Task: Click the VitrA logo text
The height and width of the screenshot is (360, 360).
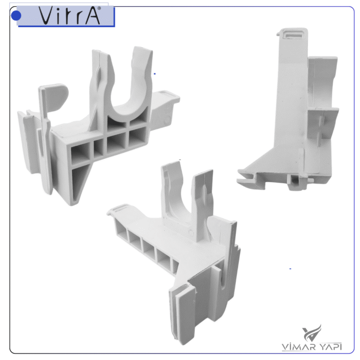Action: coord(69,15)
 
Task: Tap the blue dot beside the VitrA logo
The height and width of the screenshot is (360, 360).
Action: coord(16,15)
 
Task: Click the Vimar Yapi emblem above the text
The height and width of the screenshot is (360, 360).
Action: coord(312,333)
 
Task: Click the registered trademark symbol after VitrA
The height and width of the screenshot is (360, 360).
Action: coord(99,8)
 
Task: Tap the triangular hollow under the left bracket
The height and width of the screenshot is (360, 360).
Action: coord(79,182)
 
